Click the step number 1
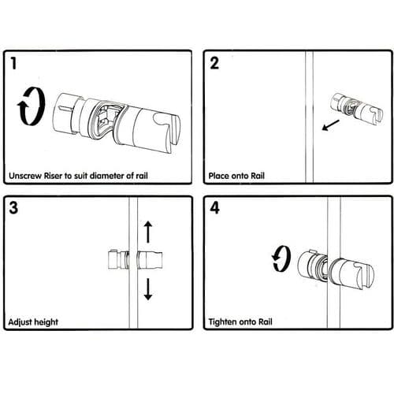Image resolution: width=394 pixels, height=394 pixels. (15, 63)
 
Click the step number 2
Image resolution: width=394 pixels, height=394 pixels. (214, 64)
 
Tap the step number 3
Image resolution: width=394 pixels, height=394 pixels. (15, 209)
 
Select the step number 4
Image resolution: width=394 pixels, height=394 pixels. (214, 209)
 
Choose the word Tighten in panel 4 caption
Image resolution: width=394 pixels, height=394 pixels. (225, 322)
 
